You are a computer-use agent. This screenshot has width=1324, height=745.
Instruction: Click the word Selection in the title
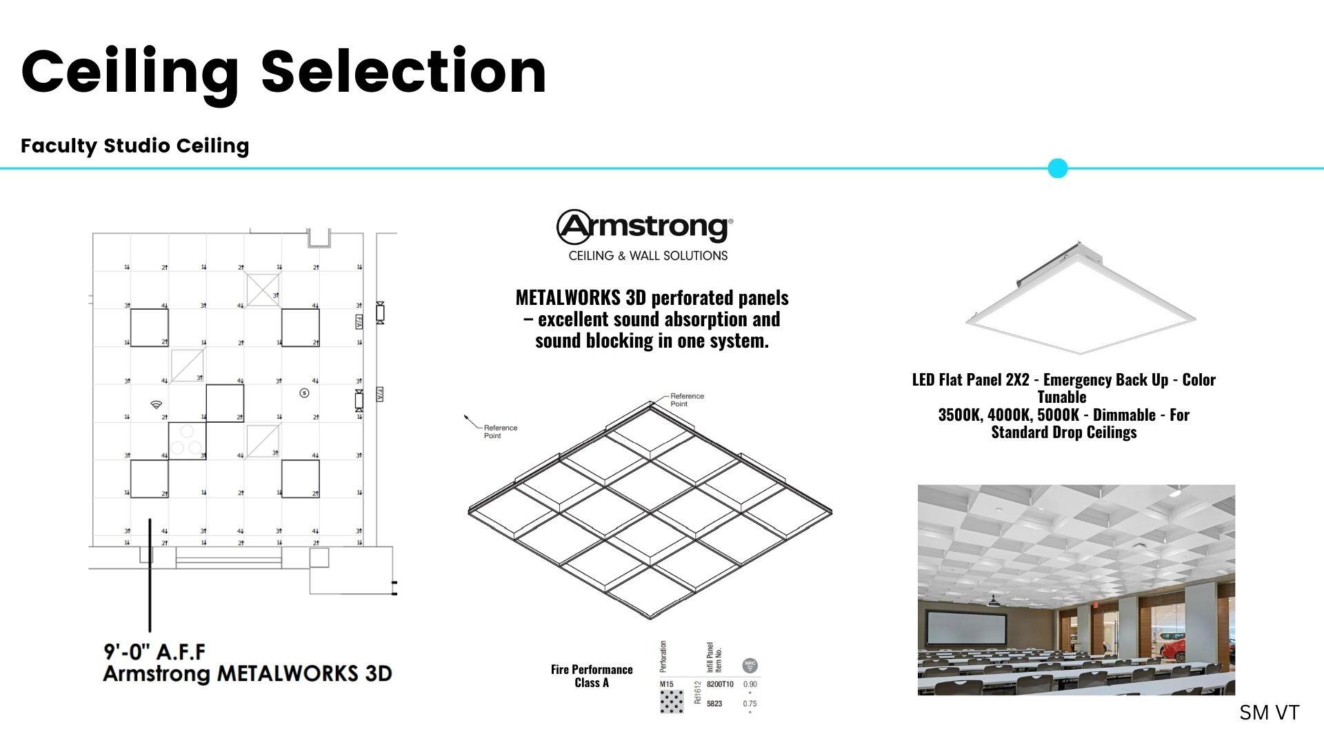coord(403,72)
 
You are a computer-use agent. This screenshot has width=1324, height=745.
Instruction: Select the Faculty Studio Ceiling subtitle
coord(134,146)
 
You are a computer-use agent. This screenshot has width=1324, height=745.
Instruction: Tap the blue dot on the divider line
coord(1057,168)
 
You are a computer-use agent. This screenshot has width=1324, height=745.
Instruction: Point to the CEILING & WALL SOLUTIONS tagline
coord(648,256)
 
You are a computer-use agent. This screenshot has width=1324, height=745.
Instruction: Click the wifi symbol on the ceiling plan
coord(157,405)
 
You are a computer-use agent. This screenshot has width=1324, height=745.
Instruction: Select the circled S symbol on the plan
coord(304,393)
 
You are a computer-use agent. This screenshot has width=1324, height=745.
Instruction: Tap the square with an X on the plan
coord(263,289)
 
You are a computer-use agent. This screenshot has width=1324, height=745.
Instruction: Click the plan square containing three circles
coord(187,441)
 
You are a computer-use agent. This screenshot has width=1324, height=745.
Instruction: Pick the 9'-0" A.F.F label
coord(154,652)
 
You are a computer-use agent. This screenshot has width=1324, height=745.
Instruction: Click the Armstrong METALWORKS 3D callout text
coord(248,674)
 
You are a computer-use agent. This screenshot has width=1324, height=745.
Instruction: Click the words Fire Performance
coord(592,670)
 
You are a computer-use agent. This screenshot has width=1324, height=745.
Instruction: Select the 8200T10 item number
coord(720,684)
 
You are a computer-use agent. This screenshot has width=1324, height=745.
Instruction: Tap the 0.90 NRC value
coord(750,684)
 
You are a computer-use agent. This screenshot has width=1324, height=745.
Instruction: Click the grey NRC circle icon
coord(750,666)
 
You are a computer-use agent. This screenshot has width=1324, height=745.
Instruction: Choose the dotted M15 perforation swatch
coord(672,702)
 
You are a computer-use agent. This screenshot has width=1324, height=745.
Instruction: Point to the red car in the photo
coord(1176,650)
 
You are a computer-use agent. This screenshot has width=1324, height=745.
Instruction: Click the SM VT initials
coord(1269,713)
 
